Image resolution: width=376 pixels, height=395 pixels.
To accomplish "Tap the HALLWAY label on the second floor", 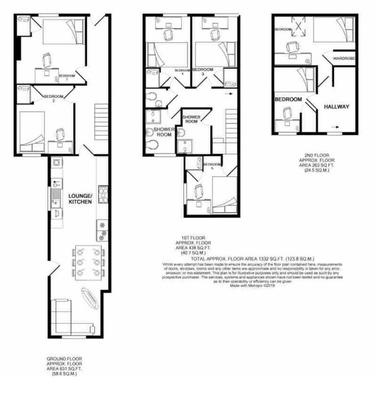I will (x=335, y=106).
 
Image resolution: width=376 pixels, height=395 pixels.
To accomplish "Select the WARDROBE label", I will (x=344, y=59).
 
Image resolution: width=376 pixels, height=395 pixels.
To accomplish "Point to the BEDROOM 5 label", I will (x=211, y=165).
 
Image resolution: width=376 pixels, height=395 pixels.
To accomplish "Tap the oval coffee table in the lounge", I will (x=90, y=296).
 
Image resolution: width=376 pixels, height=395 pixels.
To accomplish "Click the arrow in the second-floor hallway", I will (x=336, y=126).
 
